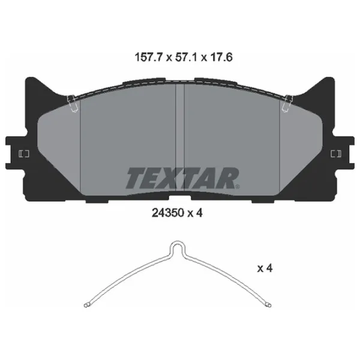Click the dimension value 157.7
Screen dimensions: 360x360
[149, 57]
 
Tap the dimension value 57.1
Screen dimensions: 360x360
[186, 57]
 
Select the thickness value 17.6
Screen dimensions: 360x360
[221, 57]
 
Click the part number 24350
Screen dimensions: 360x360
[168, 213]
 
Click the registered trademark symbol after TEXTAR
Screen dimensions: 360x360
[238, 187]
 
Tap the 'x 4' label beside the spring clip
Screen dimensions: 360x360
[265, 268]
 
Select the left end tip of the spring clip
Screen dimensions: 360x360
[86, 305]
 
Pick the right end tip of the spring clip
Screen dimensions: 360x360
[269, 305]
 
